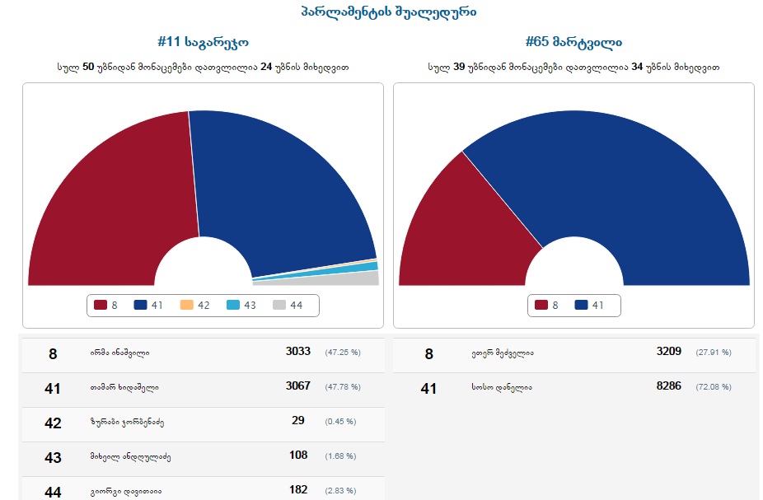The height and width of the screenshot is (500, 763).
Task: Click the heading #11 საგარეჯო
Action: (x=203, y=41)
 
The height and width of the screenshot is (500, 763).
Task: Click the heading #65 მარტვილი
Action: (x=573, y=41)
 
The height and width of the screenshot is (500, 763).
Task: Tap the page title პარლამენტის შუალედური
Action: (x=388, y=12)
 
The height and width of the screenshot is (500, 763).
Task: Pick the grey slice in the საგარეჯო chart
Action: (x=346, y=278)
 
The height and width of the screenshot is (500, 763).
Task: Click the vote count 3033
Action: (x=298, y=352)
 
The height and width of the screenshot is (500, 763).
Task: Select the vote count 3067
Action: (x=298, y=386)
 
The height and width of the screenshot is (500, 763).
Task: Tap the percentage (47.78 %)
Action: (x=343, y=386)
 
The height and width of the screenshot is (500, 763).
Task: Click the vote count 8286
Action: (x=669, y=386)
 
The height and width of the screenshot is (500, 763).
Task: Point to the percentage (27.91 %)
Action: (x=714, y=353)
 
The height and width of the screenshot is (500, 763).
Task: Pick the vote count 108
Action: (x=298, y=456)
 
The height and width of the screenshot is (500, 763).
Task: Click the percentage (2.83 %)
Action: (x=340, y=491)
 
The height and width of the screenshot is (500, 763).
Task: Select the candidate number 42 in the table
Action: (x=53, y=423)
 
